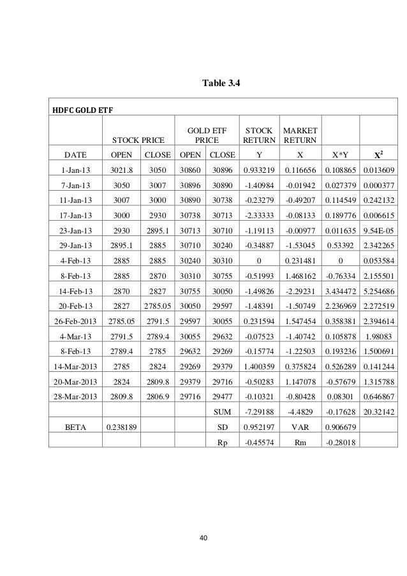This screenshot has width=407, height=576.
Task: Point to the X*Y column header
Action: click(x=341, y=154)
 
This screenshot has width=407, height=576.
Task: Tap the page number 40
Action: click(x=204, y=540)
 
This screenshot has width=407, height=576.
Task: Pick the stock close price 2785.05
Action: click(x=158, y=322)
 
